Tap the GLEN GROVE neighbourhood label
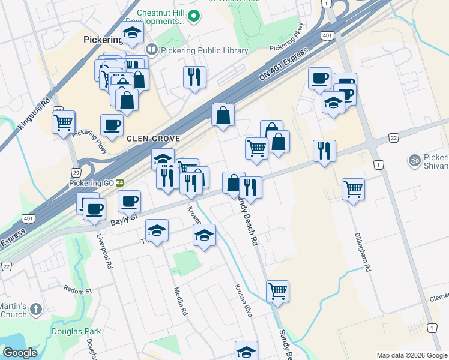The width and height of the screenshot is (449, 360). tap(154, 138)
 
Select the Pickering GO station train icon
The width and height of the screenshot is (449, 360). tap(120, 181)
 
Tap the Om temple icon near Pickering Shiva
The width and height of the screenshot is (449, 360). tap(413, 160)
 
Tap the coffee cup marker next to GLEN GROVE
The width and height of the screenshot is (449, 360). tap(112, 125)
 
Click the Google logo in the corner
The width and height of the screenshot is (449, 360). tap(20, 353)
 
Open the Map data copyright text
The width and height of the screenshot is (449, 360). tap(412, 355)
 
